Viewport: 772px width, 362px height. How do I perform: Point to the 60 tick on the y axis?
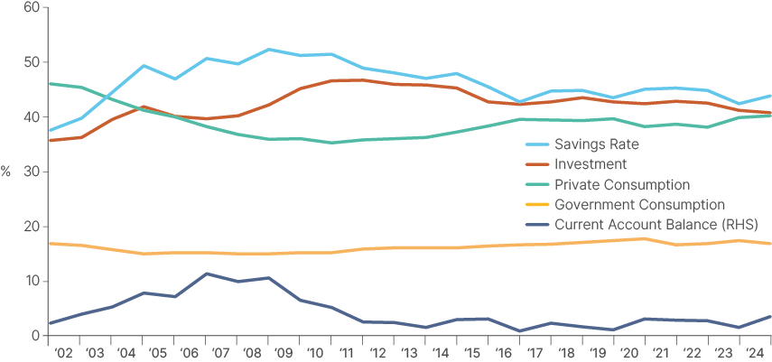click(32, 8)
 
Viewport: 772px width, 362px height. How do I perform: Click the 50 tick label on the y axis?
click(32, 62)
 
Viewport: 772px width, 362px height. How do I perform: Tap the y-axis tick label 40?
click(32, 117)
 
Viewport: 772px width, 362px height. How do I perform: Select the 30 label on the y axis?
click(32, 172)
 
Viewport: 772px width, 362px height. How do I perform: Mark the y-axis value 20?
click(32, 227)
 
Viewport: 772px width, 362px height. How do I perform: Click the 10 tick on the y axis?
click(32, 282)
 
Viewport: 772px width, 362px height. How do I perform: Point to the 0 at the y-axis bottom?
click(35, 336)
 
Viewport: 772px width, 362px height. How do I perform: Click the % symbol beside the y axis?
click(6, 172)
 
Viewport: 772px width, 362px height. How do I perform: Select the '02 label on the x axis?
click(63, 353)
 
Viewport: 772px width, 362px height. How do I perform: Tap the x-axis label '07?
click(219, 353)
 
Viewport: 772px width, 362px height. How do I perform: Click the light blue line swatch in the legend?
click(538, 144)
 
